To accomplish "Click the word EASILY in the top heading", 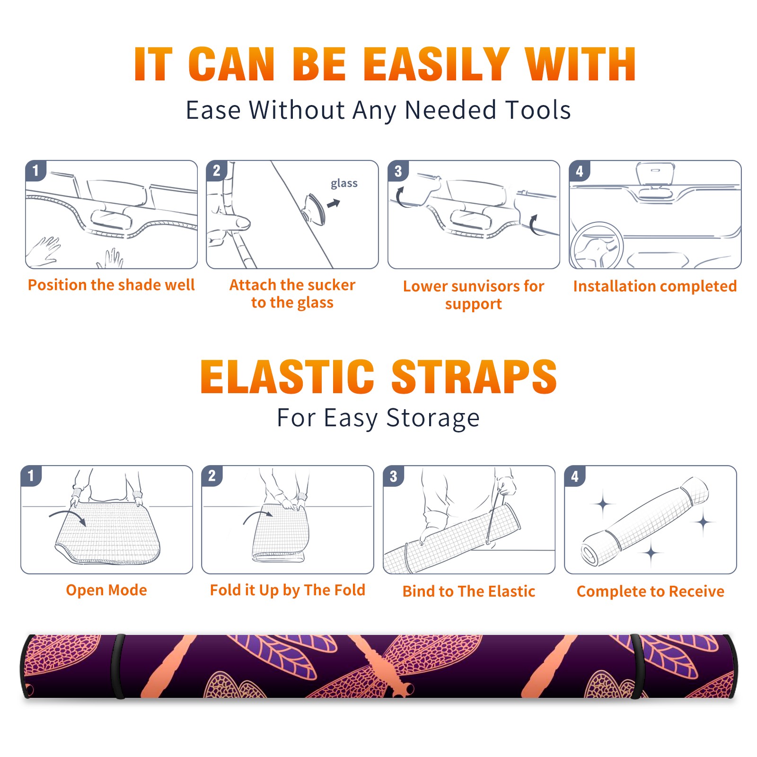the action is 436,64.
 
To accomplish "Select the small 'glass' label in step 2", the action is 344,184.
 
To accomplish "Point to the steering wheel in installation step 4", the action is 596,246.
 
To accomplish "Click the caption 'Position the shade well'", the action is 111,285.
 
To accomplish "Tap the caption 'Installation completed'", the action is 655,286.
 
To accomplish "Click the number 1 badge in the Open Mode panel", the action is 31,476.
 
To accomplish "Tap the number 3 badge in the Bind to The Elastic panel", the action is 393,476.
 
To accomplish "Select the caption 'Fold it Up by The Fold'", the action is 288,590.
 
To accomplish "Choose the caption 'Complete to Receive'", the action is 651,591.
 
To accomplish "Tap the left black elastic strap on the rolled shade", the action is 118,666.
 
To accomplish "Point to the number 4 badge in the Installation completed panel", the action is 580,171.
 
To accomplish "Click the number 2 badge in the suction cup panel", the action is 217,171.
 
